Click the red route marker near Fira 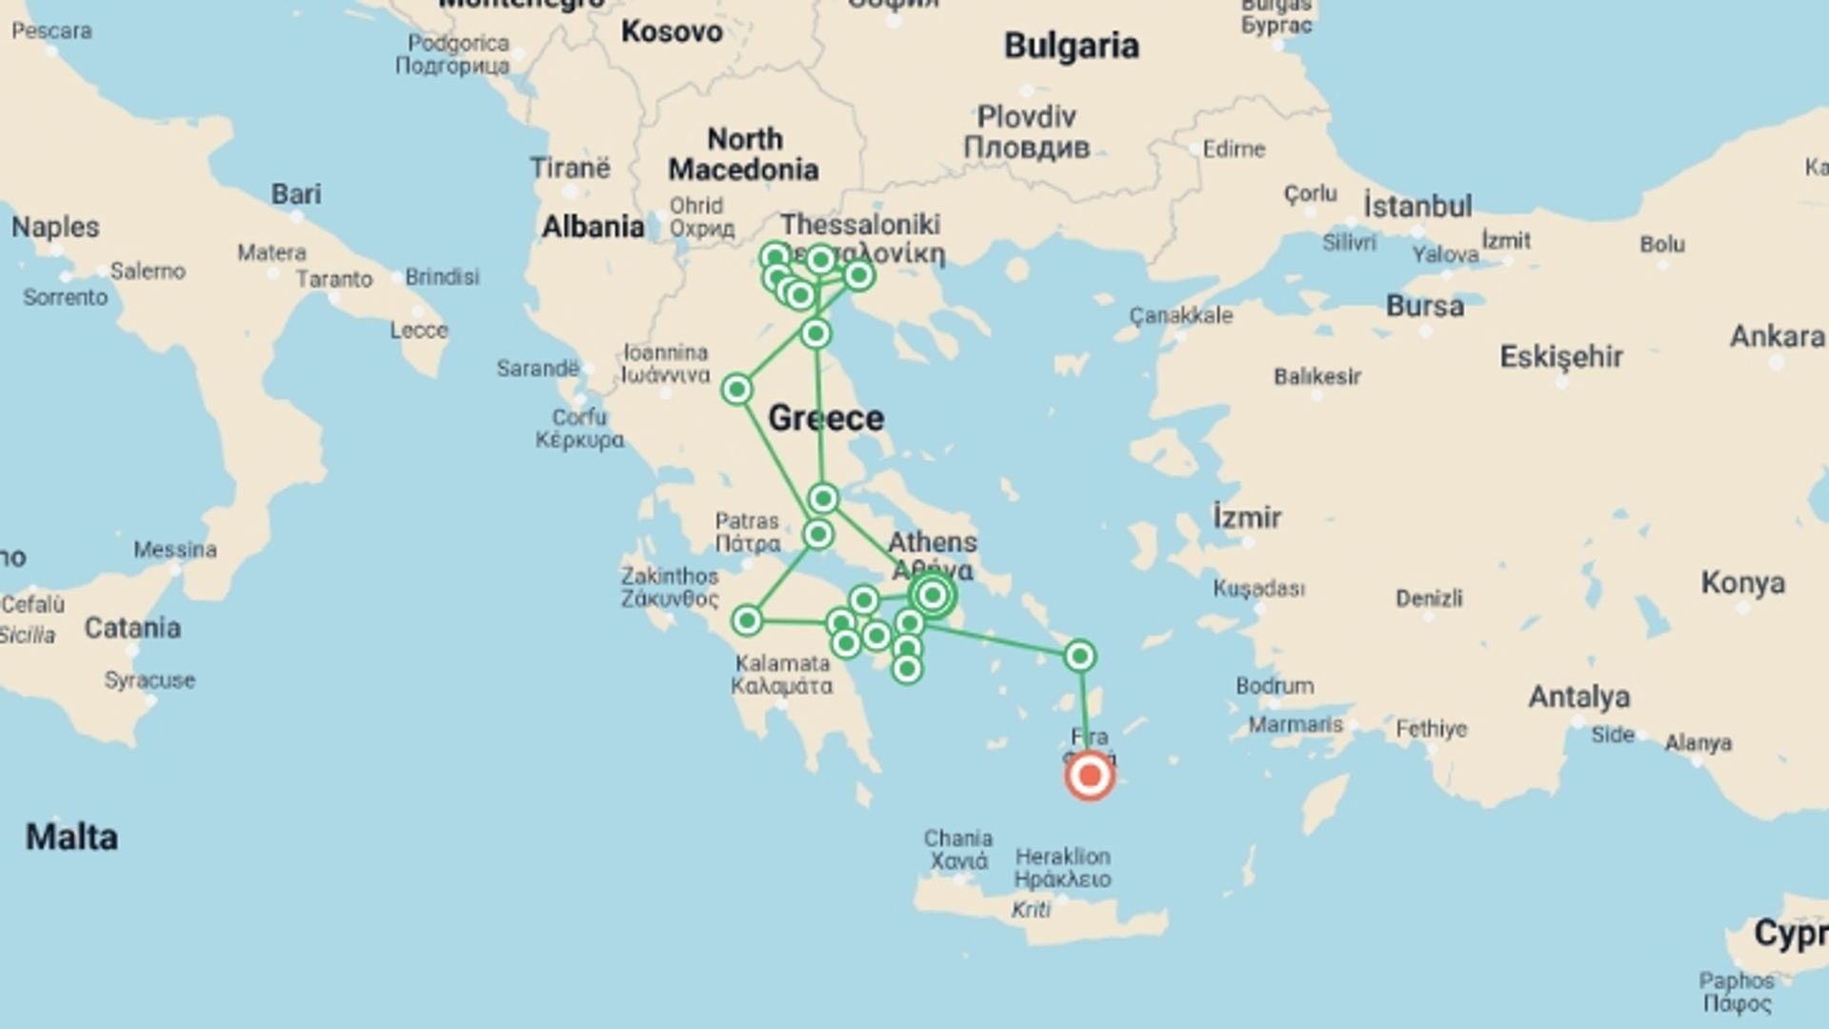(x=1090, y=776)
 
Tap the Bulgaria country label (x=1071, y=46)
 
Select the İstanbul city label (x=1417, y=206)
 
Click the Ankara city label (x=1777, y=336)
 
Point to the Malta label (x=71, y=837)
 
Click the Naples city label (x=55, y=227)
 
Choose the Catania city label (x=132, y=628)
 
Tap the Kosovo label (x=672, y=31)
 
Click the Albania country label (x=593, y=227)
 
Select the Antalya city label (x=1578, y=696)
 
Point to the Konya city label (x=1742, y=582)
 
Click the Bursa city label (x=1424, y=306)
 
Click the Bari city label (x=295, y=193)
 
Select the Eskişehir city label (x=1560, y=357)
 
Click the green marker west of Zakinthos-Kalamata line (x=747, y=621)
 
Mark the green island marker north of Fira (x=1079, y=656)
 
